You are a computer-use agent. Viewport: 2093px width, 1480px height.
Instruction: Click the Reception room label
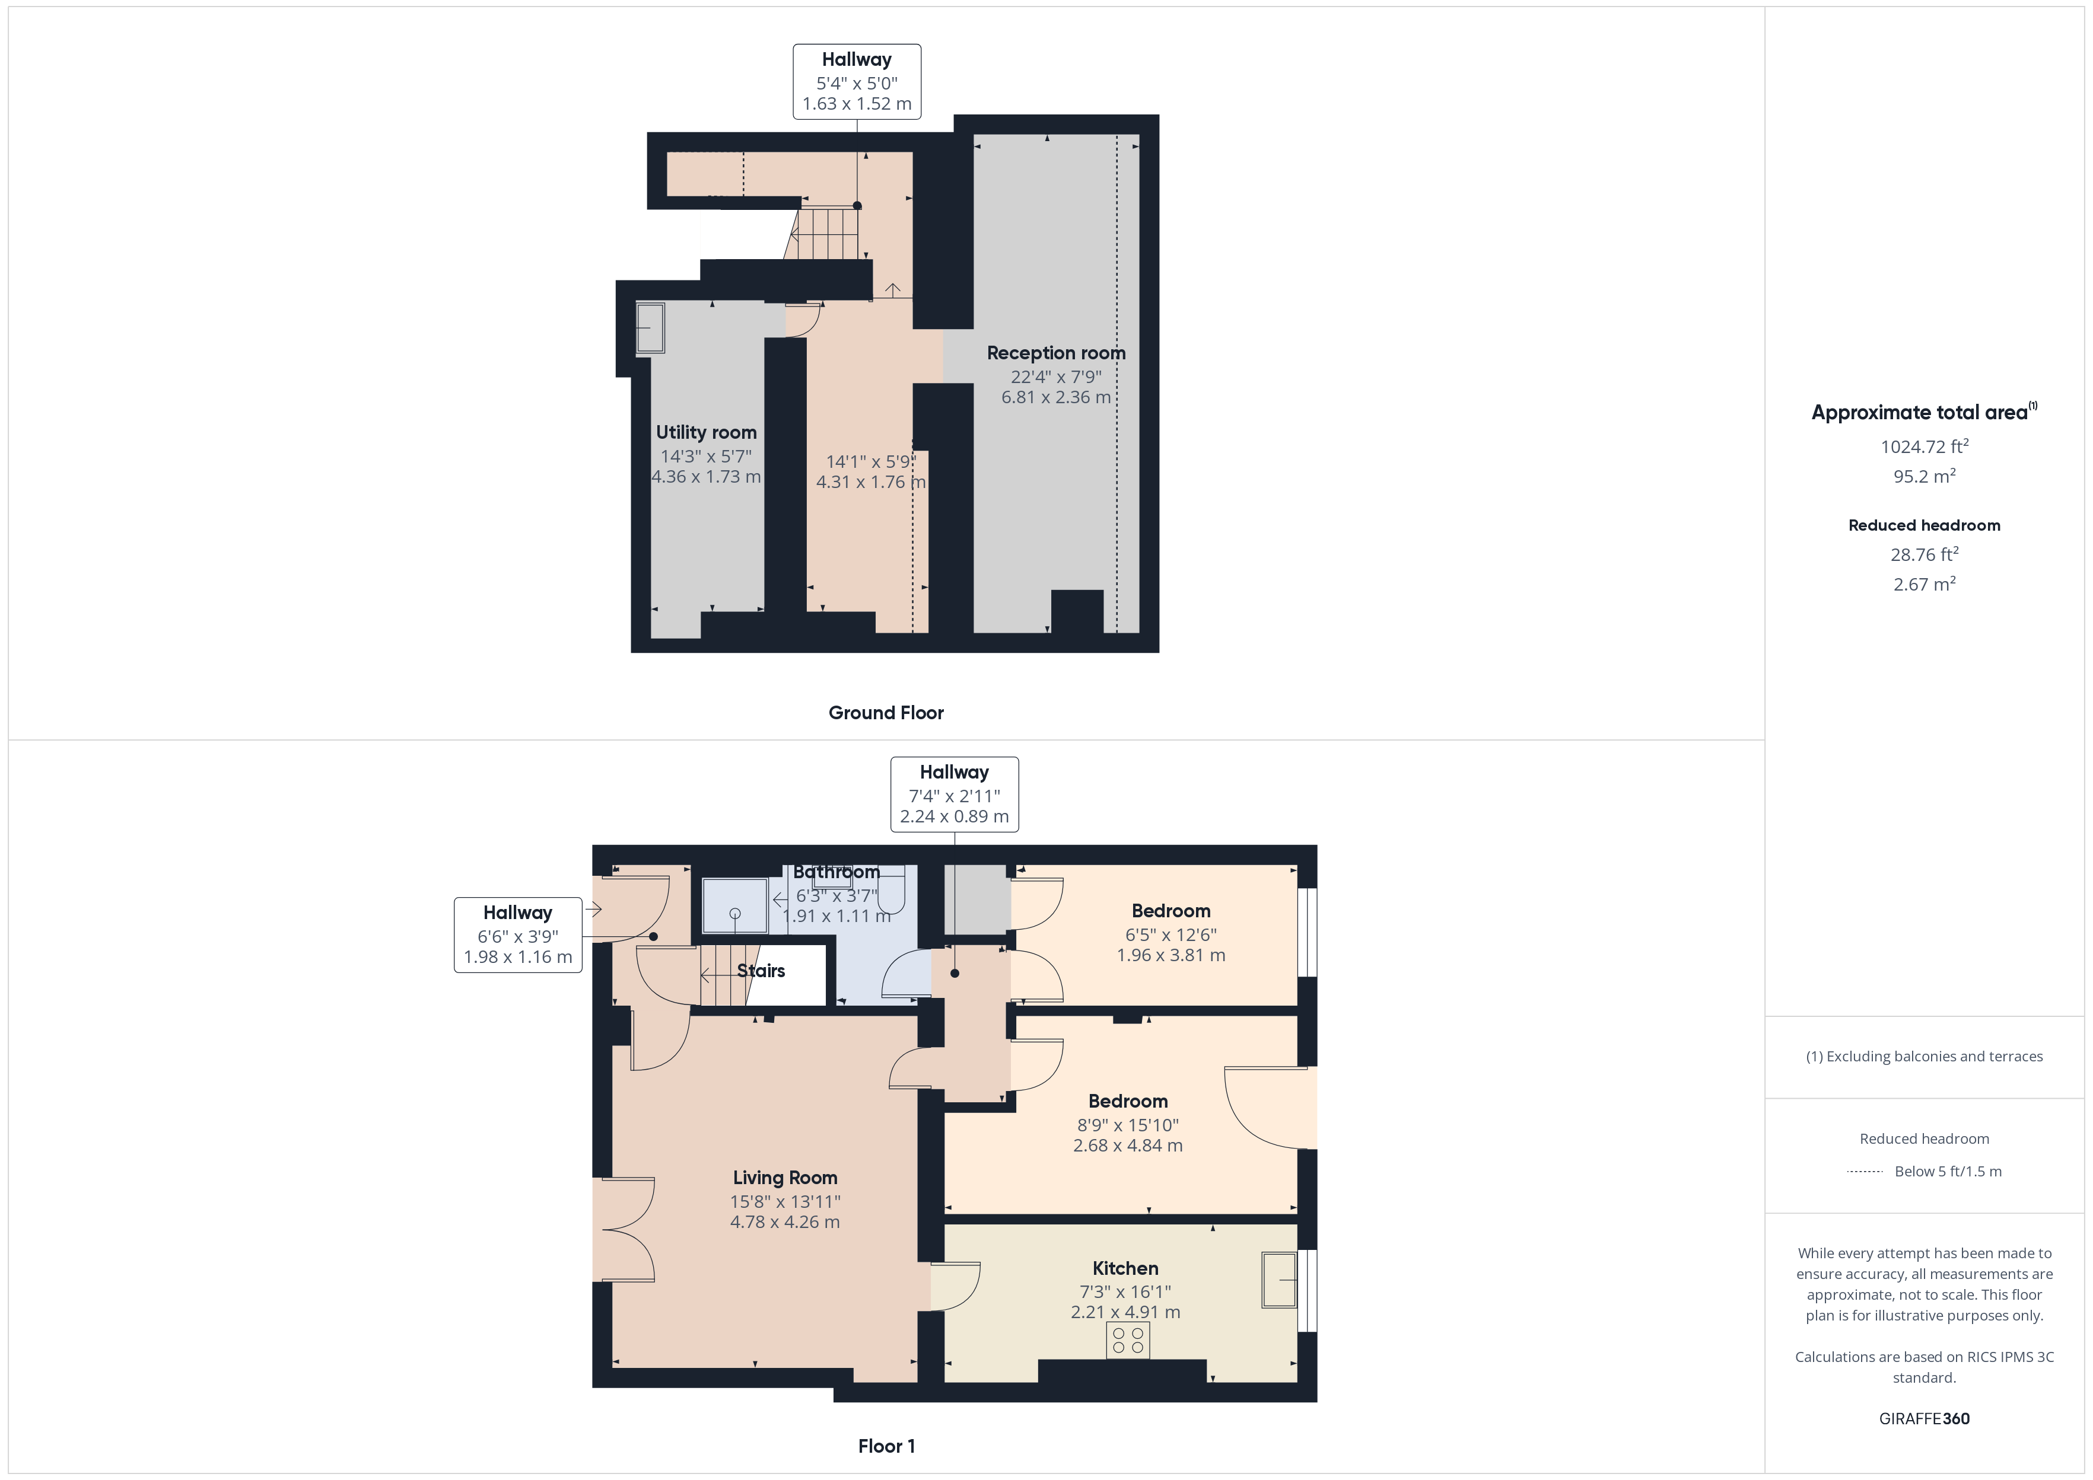pos(1055,353)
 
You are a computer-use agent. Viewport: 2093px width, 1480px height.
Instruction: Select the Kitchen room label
pos(1125,1268)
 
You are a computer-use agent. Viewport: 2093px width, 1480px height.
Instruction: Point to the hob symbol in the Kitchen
pos(1128,1339)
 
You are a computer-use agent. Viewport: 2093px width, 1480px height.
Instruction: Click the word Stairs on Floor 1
pos(761,971)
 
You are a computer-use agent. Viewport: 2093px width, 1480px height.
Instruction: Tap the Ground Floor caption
pos(885,713)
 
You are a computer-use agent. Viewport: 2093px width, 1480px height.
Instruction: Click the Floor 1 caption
pos(885,1446)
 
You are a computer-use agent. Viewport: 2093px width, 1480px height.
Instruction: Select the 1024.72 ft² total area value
pos(1923,446)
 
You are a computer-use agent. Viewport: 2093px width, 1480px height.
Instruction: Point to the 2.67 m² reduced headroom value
pos(1923,584)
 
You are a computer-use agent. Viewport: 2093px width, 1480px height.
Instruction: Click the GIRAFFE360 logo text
pos(1923,1418)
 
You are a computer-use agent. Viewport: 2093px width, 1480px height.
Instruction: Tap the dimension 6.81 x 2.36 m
pos(1055,397)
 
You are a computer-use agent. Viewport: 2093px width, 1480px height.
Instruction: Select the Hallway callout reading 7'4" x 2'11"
pos(953,794)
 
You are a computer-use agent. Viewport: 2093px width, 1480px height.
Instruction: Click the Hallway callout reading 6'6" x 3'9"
pos(518,935)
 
